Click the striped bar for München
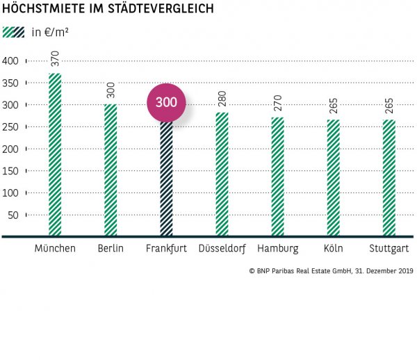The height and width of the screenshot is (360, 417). (x=55, y=155)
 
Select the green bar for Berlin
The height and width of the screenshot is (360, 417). (x=111, y=170)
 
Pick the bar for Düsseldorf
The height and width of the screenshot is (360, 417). (x=222, y=174)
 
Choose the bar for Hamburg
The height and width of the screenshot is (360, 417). (x=277, y=177)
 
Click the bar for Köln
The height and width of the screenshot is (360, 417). (x=333, y=178)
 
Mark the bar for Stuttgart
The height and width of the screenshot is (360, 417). (x=389, y=178)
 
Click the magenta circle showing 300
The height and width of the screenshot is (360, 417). (x=166, y=102)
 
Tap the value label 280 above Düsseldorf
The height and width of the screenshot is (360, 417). (x=222, y=98)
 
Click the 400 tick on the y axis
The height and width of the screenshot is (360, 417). (x=11, y=61)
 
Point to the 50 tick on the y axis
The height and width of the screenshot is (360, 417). (x=13, y=215)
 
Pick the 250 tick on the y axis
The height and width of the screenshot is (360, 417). (x=11, y=127)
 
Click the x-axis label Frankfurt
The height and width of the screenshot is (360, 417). (x=166, y=249)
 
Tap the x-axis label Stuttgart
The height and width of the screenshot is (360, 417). (x=389, y=249)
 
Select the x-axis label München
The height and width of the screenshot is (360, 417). (x=55, y=249)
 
